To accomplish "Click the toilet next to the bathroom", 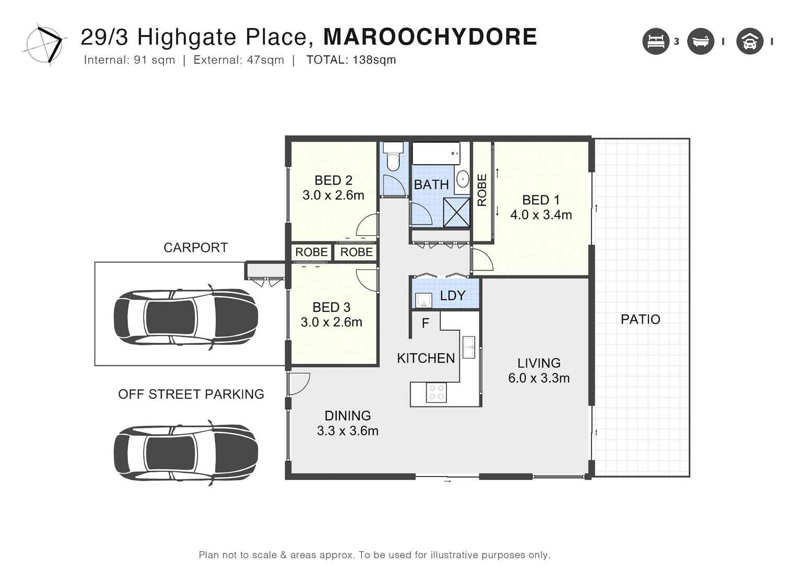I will coord(393,158).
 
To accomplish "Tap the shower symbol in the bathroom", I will coord(456,213).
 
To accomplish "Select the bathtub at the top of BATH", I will coord(436,153).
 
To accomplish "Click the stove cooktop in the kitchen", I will coord(436,392).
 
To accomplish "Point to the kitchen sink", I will coord(468,347).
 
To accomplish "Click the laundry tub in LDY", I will coord(423,300).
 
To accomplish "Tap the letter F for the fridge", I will coord(425,323).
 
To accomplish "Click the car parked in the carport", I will coord(186,317).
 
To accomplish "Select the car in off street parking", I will coord(186,453).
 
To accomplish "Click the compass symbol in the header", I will coord(45,43).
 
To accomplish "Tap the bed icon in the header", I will coord(655,41).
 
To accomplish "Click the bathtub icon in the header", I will coord(700,41).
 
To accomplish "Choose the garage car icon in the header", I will coord(749,41).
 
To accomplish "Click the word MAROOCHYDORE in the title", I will coord(430,37).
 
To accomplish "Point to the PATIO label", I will coord(640,319).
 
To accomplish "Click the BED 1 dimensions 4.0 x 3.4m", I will coord(541,215).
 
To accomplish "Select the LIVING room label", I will coord(539,363).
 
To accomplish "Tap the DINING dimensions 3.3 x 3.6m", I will coord(348,431).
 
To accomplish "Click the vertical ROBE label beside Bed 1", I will coord(482,190).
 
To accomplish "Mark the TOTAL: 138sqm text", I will coord(351,60).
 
